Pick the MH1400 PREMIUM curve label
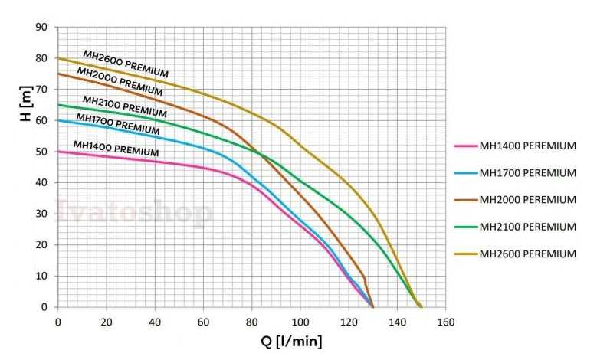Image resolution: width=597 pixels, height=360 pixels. pos(116,147)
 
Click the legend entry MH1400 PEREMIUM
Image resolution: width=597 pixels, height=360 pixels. pos(527,146)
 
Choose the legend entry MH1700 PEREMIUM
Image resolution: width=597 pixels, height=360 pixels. pos(527,173)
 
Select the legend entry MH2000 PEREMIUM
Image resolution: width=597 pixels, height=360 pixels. pos(527,200)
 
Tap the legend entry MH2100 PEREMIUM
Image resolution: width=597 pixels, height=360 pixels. pos(527,227)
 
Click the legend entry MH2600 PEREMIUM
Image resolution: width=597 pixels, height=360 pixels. pos(527,254)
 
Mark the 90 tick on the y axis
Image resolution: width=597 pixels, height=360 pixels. pos(43,27)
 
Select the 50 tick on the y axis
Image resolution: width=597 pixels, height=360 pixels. pos(43,152)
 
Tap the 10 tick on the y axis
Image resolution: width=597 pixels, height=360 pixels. pos(43,276)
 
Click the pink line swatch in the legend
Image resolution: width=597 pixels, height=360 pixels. pos(464,146)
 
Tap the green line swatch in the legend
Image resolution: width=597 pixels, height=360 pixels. pos(464,227)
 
